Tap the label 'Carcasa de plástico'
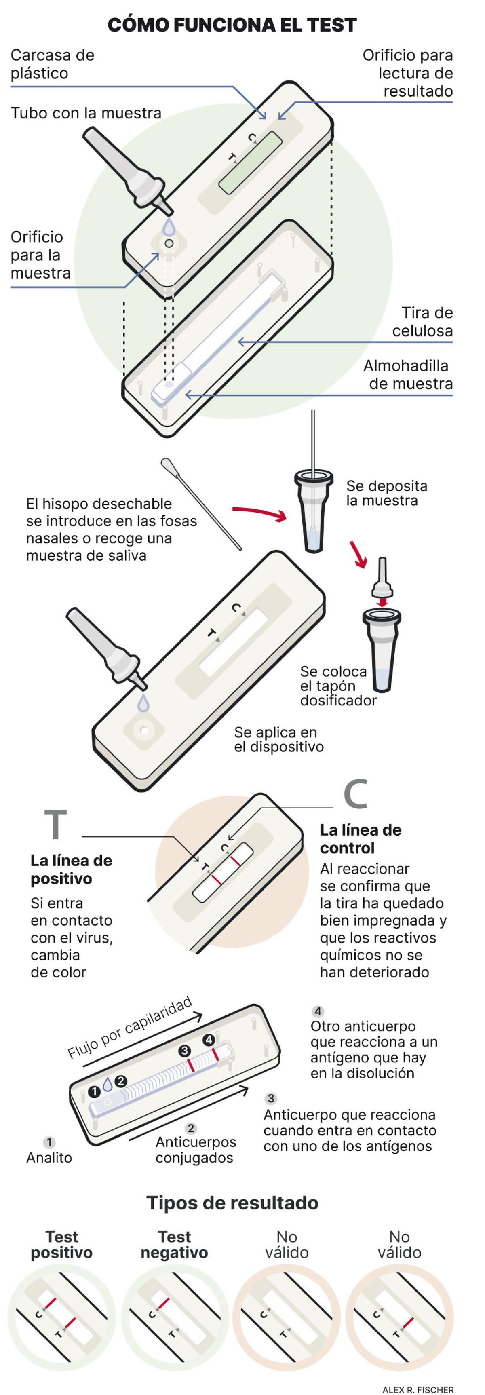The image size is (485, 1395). coord(52,64)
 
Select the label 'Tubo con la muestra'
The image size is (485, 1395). coord(86,113)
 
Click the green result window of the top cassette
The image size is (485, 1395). coord(251,162)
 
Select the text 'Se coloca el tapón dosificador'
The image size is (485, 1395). coord(338,686)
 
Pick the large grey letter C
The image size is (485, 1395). coord(356,794)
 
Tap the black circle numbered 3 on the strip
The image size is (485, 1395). coord(185,1051)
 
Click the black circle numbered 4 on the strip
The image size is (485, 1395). coord(209,1040)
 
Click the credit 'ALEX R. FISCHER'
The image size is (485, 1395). coord(418,1389)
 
